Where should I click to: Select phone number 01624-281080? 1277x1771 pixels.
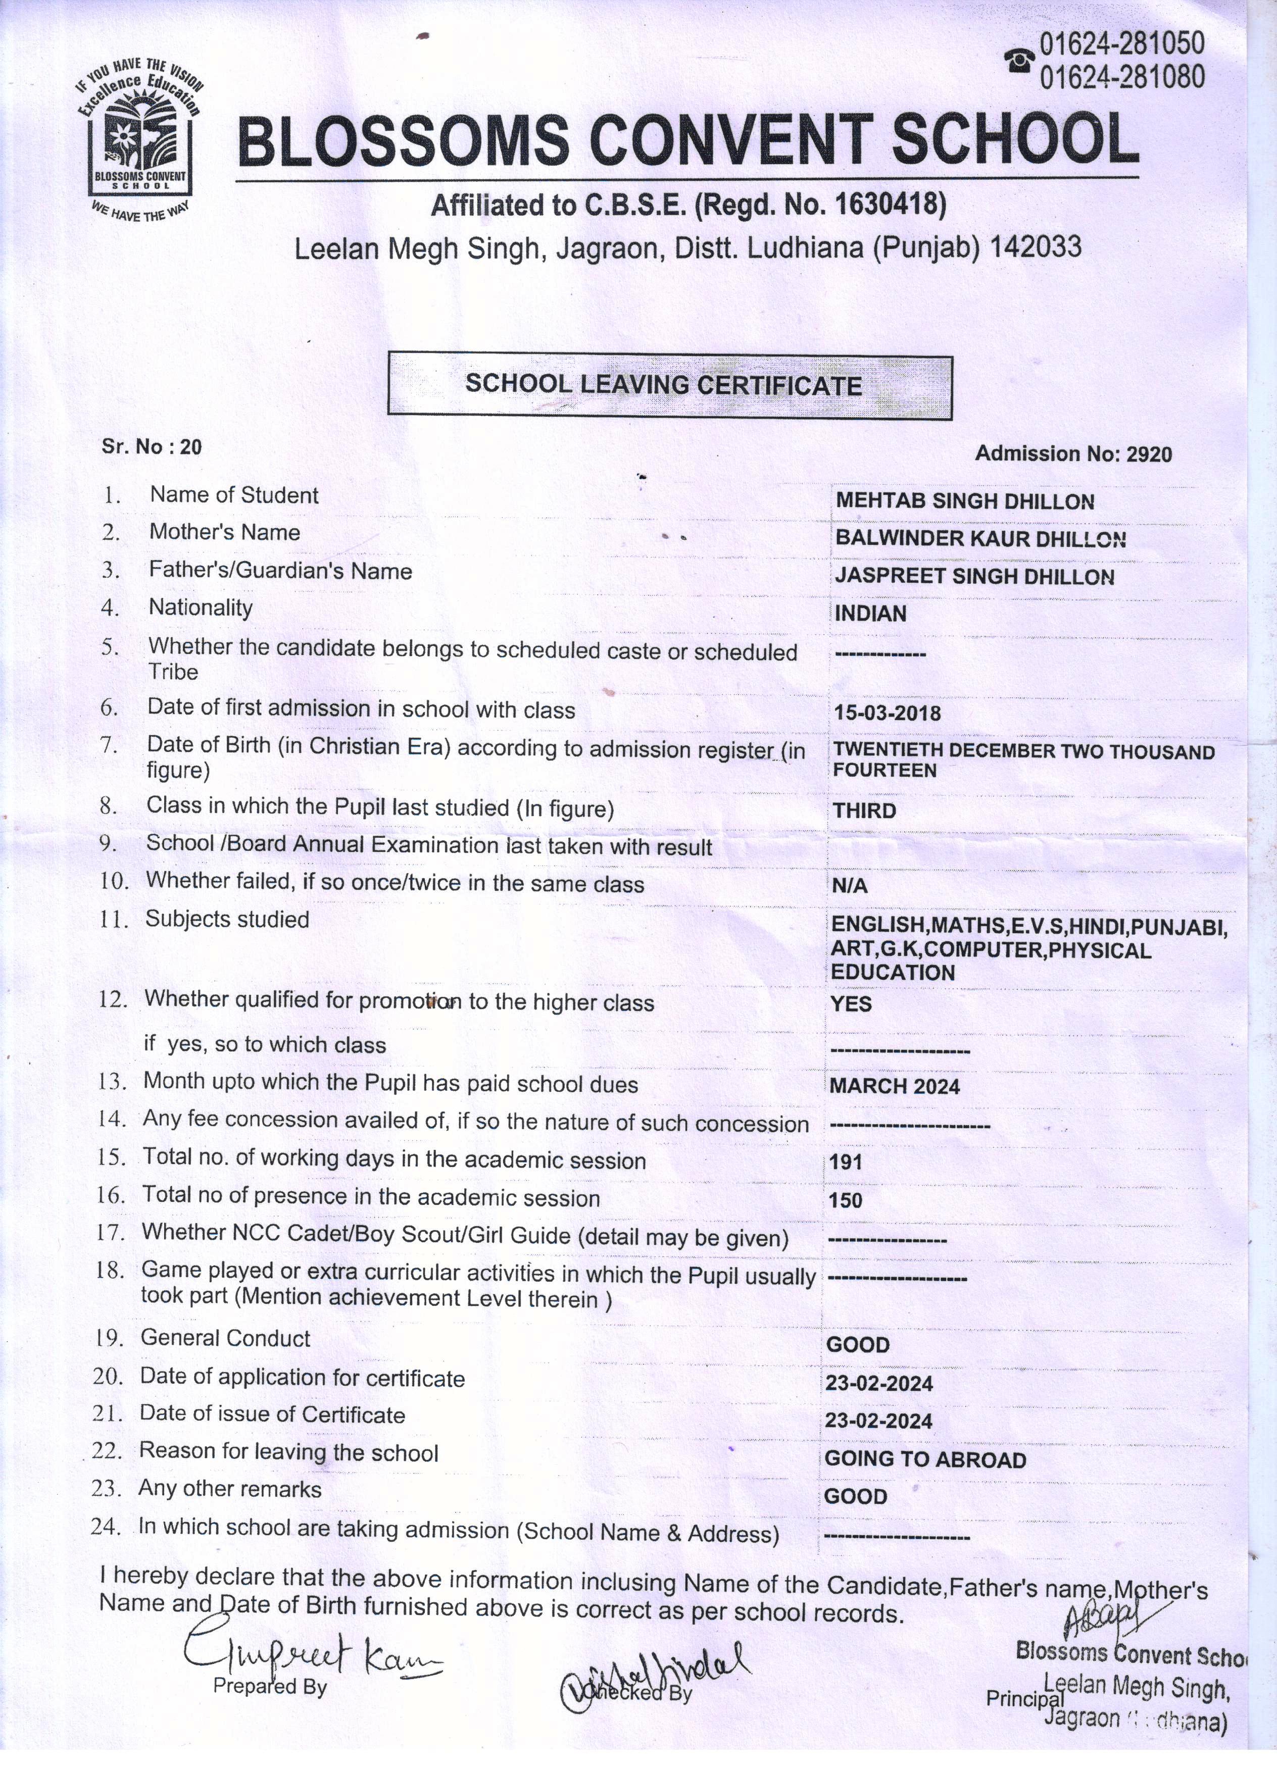click(1121, 77)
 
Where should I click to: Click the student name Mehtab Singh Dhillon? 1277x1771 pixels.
click(965, 501)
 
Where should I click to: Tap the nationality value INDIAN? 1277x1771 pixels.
click(870, 614)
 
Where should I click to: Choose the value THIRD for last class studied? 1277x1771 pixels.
click(864, 811)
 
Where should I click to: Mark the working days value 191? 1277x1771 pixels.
click(846, 1162)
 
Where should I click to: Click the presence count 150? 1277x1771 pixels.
click(846, 1200)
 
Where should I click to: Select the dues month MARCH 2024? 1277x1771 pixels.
click(894, 1086)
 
